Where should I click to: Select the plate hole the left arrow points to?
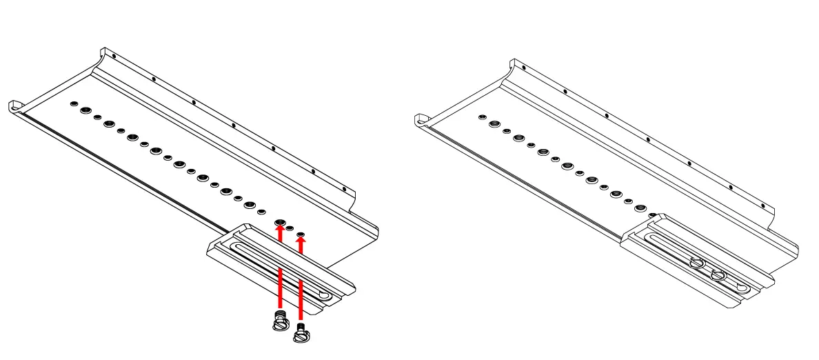(280, 223)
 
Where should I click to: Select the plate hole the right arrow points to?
(301, 235)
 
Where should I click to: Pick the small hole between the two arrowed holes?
(290, 228)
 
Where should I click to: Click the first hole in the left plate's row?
(72, 104)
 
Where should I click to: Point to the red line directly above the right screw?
(301, 300)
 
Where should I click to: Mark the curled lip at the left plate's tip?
(15, 106)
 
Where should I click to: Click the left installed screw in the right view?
(696, 263)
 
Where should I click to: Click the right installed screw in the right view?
(718, 274)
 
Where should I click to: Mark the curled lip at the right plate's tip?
(420, 120)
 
